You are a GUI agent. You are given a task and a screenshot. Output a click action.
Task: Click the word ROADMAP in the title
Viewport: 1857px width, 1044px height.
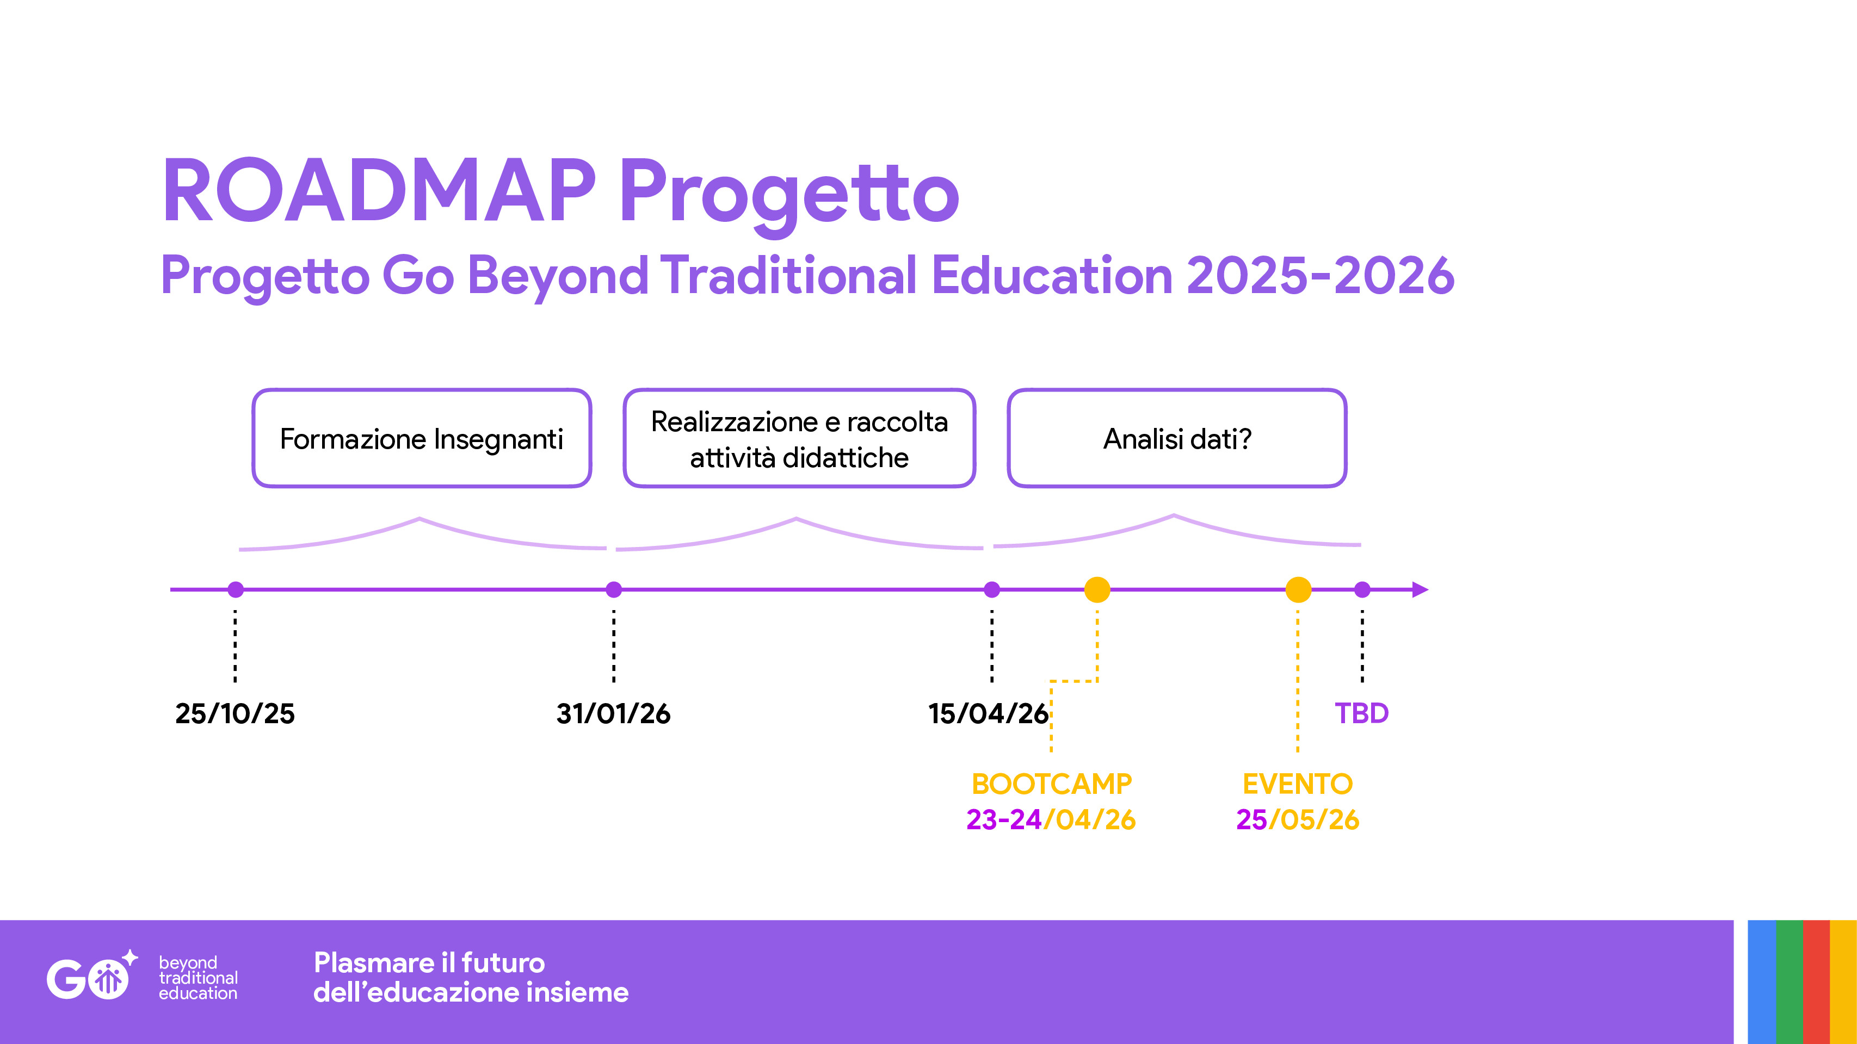click(380, 190)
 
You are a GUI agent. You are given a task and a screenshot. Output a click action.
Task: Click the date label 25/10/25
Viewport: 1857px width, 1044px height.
click(235, 713)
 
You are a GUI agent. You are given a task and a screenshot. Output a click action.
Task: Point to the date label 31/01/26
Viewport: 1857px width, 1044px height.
click(614, 713)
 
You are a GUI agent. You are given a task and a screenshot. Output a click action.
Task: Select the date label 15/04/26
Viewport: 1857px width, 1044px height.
click(988, 713)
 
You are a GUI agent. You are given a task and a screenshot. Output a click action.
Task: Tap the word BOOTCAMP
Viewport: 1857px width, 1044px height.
click(1052, 784)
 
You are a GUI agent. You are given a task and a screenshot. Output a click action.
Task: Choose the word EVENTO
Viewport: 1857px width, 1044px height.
click(1298, 784)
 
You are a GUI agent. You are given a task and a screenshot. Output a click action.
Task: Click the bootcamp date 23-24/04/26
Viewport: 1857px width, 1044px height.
click(1051, 820)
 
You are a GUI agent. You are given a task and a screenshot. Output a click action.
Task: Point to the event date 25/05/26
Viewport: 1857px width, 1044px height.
click(1298, 820)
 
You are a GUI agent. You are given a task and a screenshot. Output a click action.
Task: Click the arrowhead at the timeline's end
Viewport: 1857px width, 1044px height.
click(1420, 590)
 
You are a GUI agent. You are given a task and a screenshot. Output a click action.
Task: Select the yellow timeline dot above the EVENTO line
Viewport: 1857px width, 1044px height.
click(1298, 590)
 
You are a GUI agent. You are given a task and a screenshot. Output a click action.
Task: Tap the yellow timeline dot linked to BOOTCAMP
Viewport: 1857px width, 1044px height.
click(1097, 590)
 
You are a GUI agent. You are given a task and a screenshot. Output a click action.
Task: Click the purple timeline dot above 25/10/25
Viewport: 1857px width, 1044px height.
click(236, 590)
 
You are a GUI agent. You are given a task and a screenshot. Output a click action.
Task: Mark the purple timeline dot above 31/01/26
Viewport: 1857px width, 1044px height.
click(614, 590)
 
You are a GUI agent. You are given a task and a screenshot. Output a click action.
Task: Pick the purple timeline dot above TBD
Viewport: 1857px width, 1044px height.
click(1362, 590)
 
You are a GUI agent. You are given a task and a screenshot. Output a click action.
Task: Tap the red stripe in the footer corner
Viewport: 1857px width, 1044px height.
click(1817, 982)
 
